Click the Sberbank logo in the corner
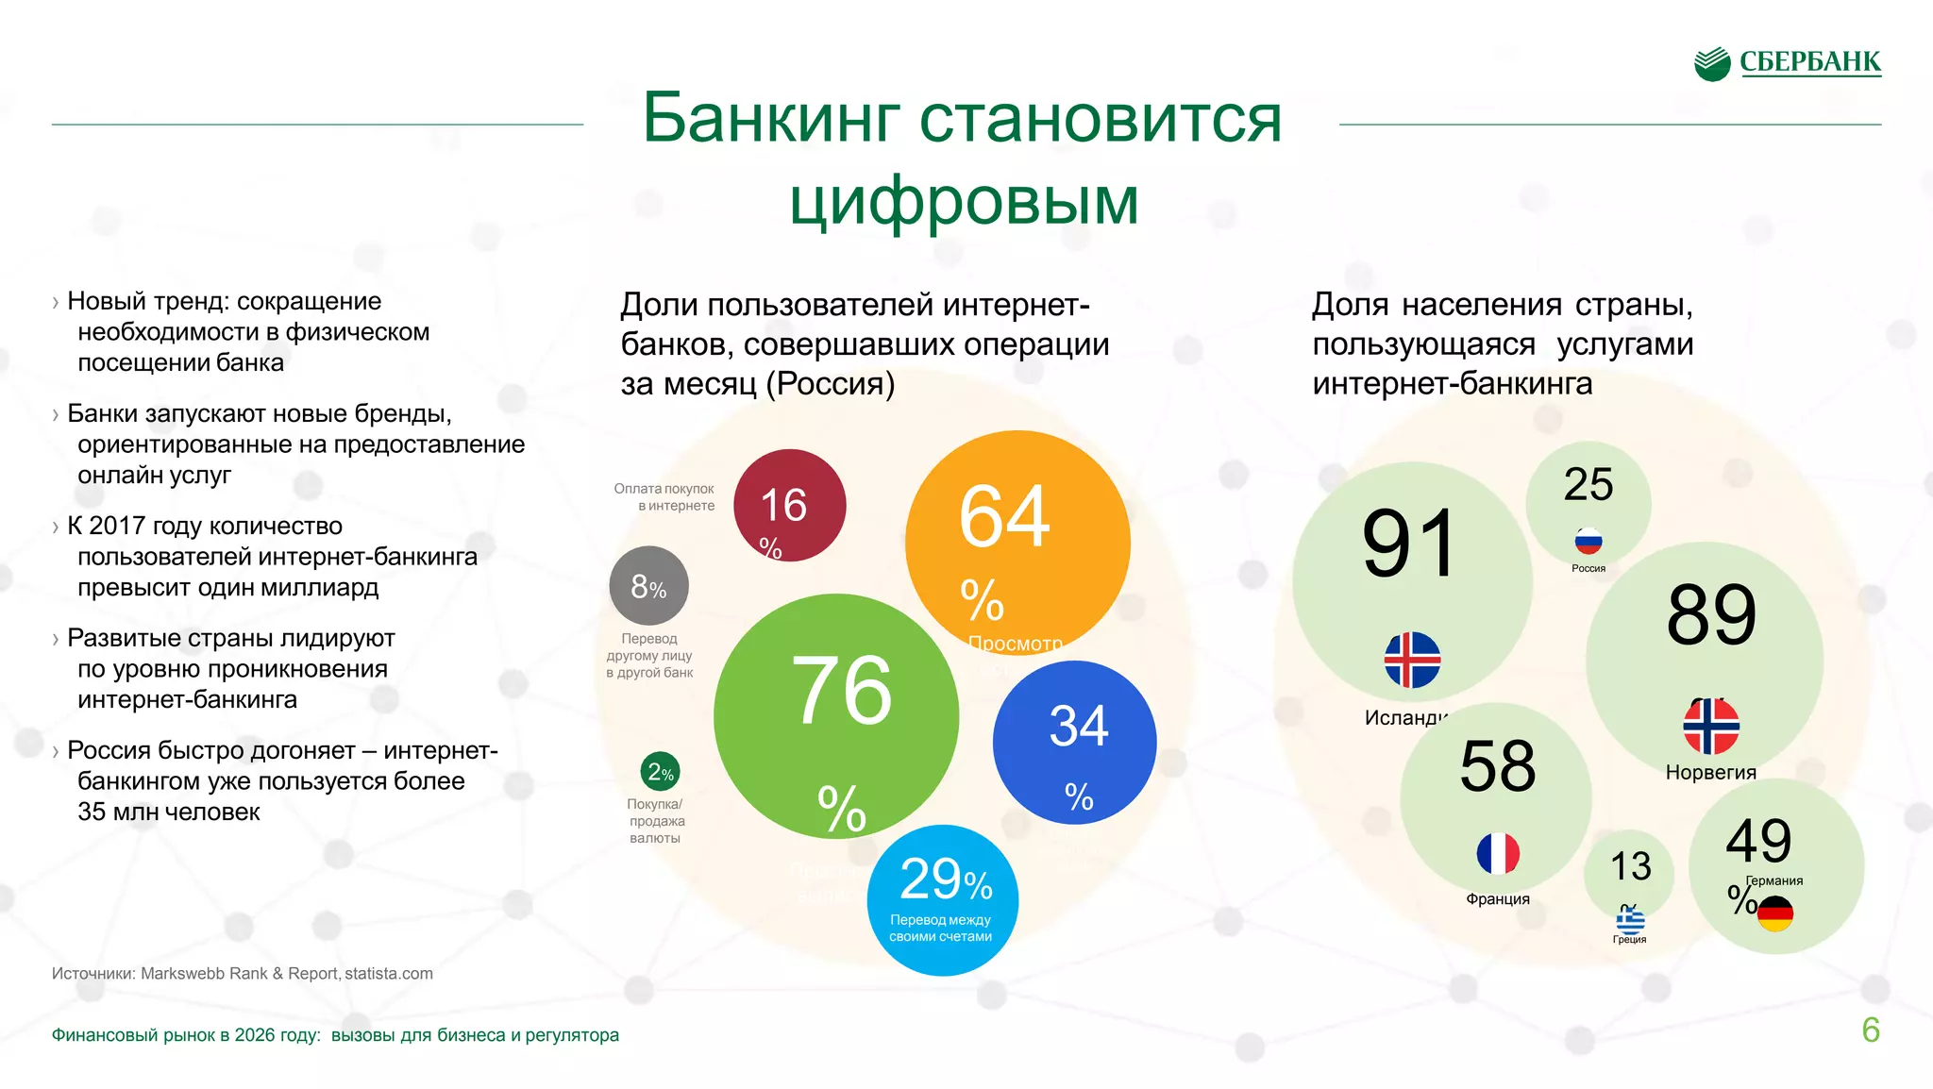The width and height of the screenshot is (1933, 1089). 1787,63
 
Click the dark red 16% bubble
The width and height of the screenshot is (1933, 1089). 789,506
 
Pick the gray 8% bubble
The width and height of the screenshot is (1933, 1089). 648,586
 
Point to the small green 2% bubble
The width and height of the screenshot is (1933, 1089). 660,772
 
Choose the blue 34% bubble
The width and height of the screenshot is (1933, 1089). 1074,742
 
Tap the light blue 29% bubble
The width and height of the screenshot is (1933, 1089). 942,899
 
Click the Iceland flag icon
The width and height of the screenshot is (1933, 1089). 1412,660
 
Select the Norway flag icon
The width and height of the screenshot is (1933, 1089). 1710,727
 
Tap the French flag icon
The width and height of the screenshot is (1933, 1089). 1498,854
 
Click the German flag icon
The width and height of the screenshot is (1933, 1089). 1775,913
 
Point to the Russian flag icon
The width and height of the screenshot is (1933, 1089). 1588,542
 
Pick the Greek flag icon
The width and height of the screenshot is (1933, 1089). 1630,921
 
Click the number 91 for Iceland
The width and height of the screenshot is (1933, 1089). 1409,544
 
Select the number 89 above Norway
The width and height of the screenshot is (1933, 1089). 1711,615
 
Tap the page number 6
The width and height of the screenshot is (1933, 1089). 1870,1030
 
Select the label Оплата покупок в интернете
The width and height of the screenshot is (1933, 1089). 664,497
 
